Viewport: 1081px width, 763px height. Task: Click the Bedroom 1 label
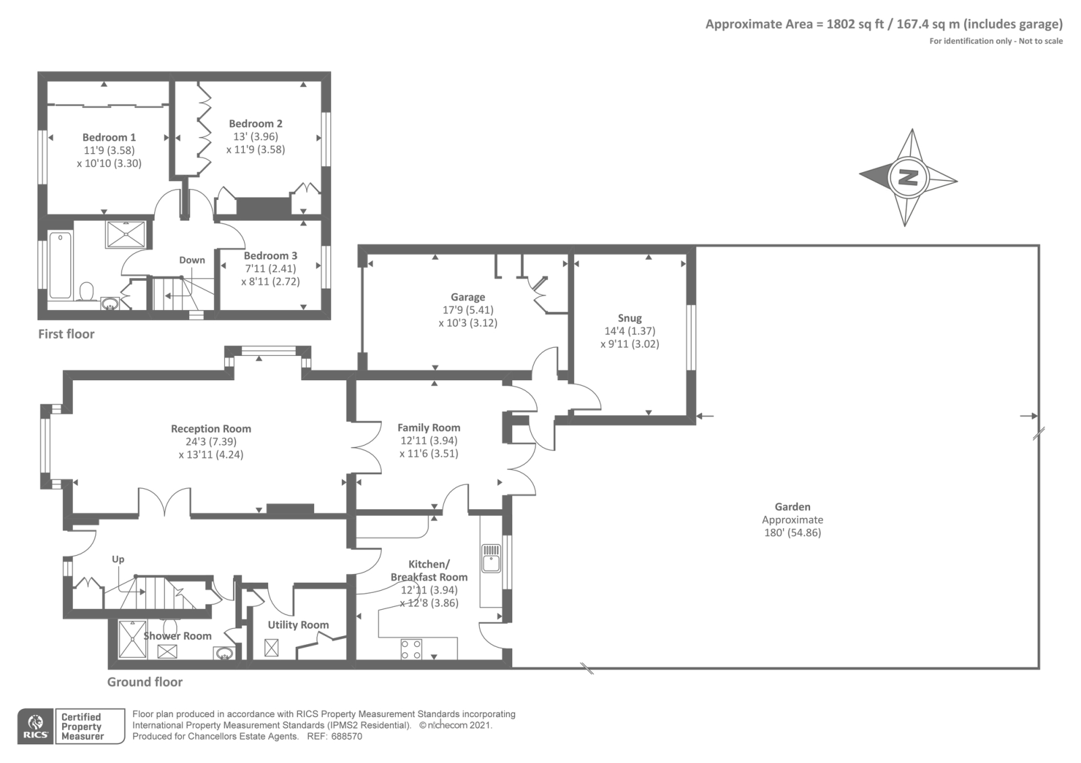pos(109,138)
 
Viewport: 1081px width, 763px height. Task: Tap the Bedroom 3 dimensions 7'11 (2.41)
pos(270,269)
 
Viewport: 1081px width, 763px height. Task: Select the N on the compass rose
pos(909,178)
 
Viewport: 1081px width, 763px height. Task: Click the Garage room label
pos(468,297)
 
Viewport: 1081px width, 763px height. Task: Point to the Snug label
pos(630,318)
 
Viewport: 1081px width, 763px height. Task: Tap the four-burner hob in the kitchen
pos(411,649)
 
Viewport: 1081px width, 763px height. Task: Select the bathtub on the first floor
pos(60,265)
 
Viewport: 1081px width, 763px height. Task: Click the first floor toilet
pos(86,292)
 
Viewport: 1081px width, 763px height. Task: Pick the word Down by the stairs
pos(192,261)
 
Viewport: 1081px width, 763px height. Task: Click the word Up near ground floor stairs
pos(118,560)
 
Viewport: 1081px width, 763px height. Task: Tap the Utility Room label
pos(298,625)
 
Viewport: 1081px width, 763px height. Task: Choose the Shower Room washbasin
pos(224,654)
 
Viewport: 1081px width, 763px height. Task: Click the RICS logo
pos(36,727)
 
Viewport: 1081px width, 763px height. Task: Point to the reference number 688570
pos(347,737)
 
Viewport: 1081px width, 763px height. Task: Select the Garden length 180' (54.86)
pos(793,533)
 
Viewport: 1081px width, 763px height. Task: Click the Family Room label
pos(429,428)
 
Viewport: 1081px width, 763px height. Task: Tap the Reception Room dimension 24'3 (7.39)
pos(211,442)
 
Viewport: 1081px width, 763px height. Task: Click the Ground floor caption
pos(145,682)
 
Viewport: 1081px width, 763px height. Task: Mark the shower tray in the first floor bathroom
pos(126,235)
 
